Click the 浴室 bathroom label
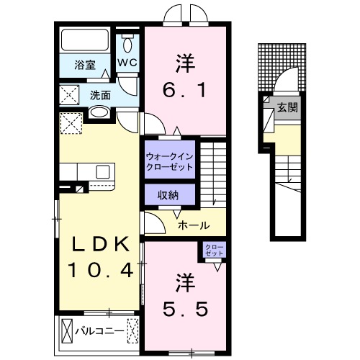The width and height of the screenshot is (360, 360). pyautogui.click(x=85, y=66)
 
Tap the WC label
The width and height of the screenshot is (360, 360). pyautogui.click(x=127, y=63)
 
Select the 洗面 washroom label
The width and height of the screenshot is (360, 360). pyautogui.click(x=100, y=94)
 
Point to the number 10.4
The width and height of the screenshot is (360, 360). pyautogui.click(x=101, y=271)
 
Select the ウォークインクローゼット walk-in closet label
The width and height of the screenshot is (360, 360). pyautogui.click(x=169, y=161)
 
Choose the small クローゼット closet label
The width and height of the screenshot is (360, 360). pyautogui.click(x=215, y=250)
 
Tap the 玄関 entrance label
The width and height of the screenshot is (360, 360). pyautogui.click(x=288, y=108)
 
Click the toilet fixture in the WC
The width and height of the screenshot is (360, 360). pyautogui.click(x=128, y=44)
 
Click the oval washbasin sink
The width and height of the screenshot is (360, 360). pyautogui.click(x=99, y=113)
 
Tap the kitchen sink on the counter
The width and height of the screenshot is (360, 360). pyautogui.click(x=102, y=171)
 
